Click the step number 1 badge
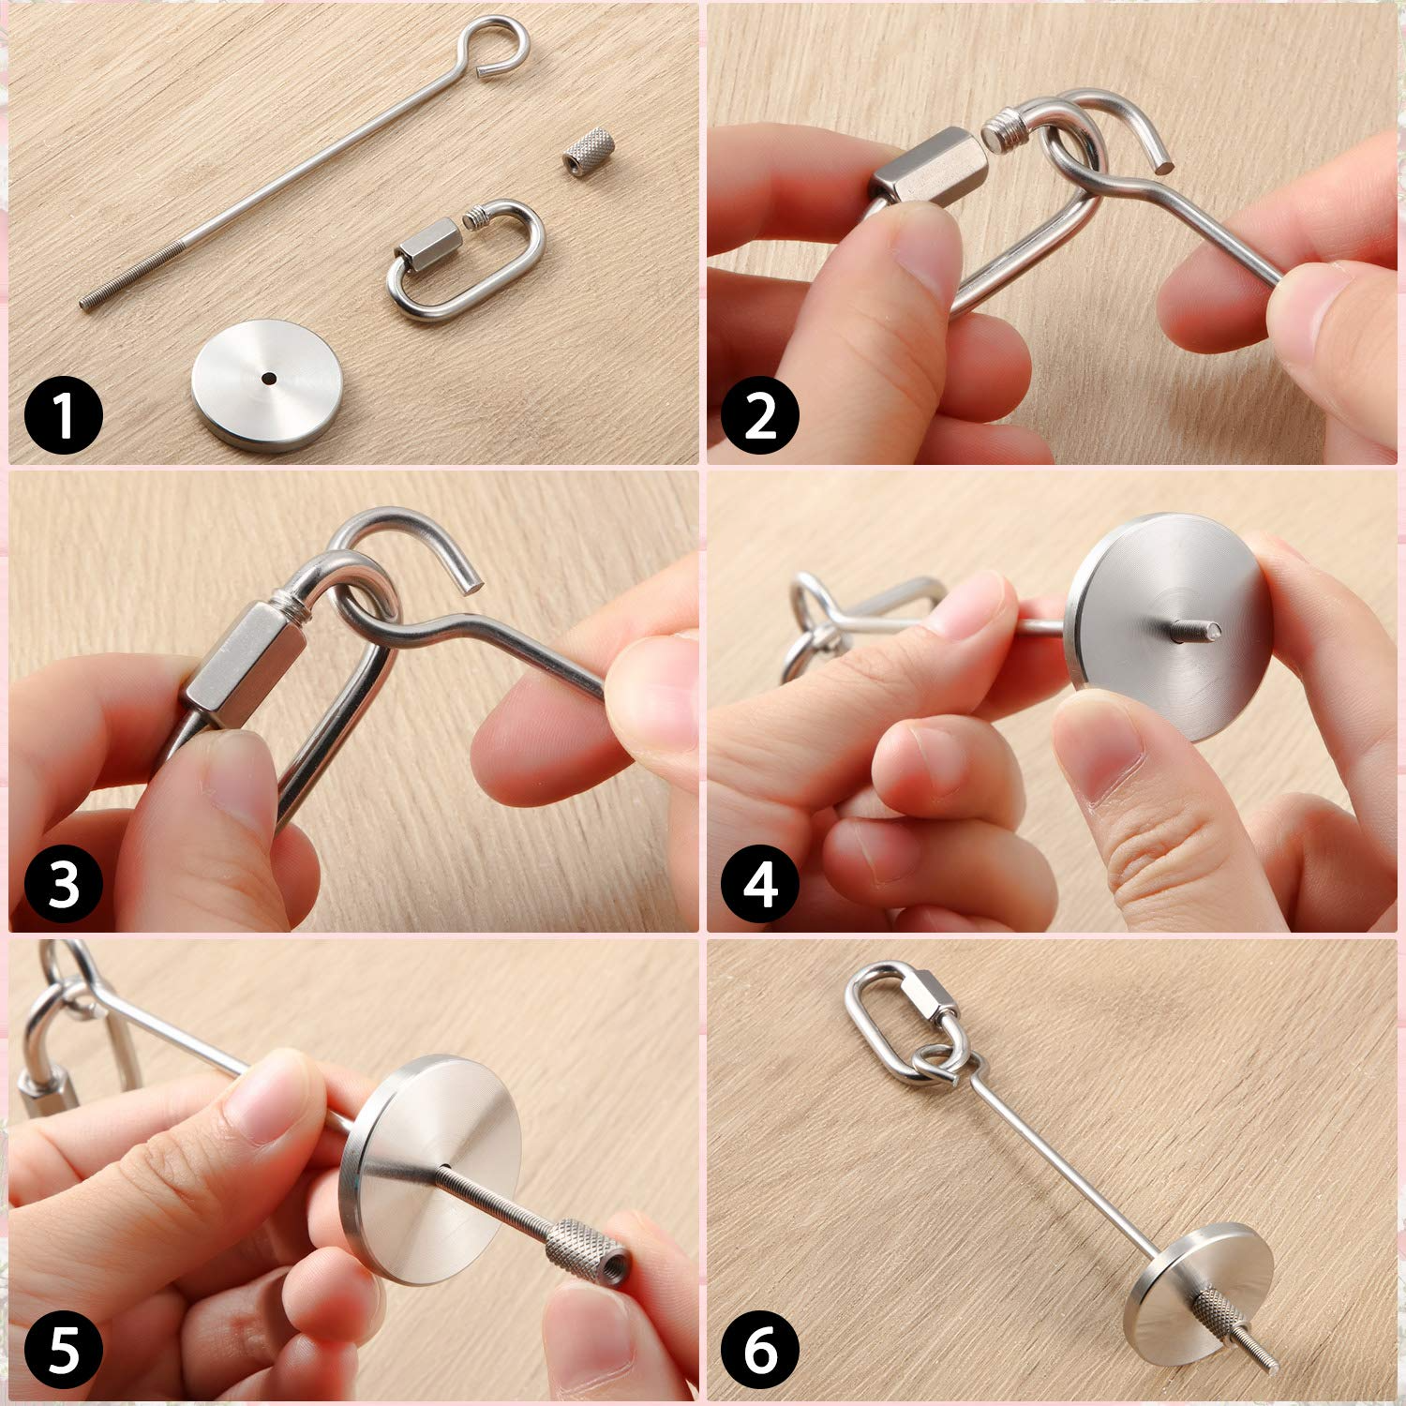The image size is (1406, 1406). pos(63,414)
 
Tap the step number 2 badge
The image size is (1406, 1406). pos(760,414)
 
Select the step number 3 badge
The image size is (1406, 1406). pos(63,883)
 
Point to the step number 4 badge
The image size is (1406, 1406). pos(760,883)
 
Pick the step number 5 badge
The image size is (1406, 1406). pos(63,1352)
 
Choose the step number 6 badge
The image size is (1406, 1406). pos(760,1352)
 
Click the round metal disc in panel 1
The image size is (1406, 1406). pos(265,385)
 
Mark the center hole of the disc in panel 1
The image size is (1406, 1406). pos(269,379)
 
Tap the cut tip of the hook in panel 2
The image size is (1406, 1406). pos(1165,165)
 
